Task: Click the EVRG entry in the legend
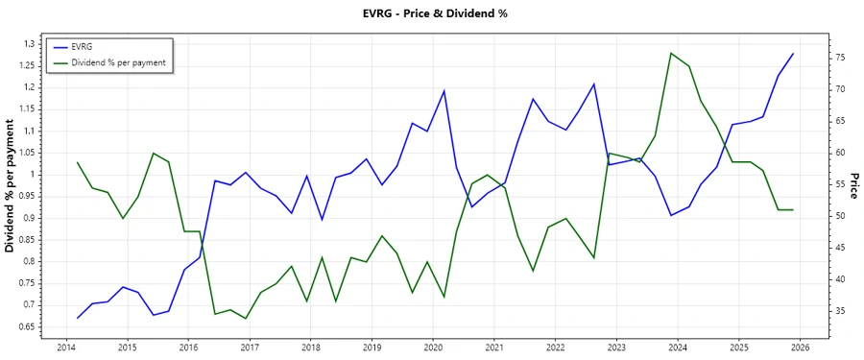coord(83,47)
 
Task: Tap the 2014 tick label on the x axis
coord(66,347)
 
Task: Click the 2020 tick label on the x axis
coord(433,347)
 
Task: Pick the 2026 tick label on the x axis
coord(801,347)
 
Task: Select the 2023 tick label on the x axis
coord(616,347)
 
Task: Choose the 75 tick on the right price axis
coord(839,58)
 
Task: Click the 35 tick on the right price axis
coord(839,311)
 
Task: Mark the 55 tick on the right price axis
coord(839,184)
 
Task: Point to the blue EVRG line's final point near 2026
coord(793,54)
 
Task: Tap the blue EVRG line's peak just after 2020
coord(444,90)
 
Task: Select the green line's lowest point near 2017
coord(246,319)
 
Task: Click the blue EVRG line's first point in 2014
coord(77,318)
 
